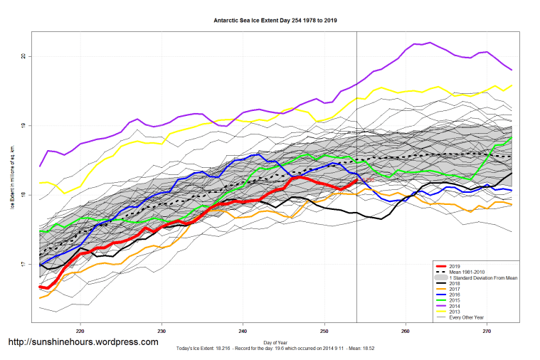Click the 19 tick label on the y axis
[x=24, y=126]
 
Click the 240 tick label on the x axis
[x=243, y=331]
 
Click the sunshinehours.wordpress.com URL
[x=83, y=342]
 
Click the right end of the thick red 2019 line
[x=356, y=181]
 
